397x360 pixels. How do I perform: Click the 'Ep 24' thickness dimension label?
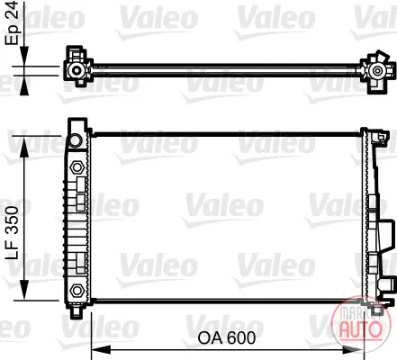[x=13, y=22]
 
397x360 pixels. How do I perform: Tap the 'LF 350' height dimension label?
[x=13, y=232]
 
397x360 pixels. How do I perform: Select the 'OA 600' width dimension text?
[x=227, y=337]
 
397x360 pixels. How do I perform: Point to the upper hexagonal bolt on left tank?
[x=77, y=167]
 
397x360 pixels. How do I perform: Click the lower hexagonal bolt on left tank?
[x=77, y=290]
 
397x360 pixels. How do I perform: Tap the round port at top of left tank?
[x=75, y=140]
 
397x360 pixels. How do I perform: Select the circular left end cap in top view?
[x=77, y=70]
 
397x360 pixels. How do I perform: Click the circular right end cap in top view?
[x=376, y=71]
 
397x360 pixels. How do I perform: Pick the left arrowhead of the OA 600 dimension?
[x=101, y=349]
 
